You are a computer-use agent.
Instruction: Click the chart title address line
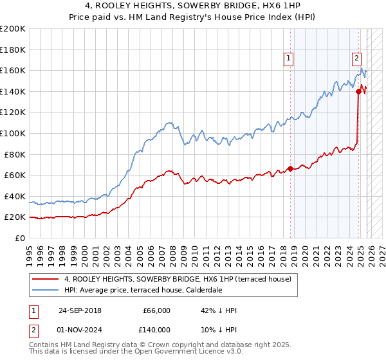193,6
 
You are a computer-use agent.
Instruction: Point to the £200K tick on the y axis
13,29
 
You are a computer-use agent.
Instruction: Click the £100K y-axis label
13,133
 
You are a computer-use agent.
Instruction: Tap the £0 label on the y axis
20,238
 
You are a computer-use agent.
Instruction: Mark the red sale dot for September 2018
290,169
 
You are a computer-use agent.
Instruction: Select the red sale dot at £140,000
358,91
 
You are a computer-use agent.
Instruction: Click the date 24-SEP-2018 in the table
79,310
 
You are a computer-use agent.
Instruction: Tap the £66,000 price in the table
156,310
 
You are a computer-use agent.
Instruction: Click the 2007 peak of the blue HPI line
169,122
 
